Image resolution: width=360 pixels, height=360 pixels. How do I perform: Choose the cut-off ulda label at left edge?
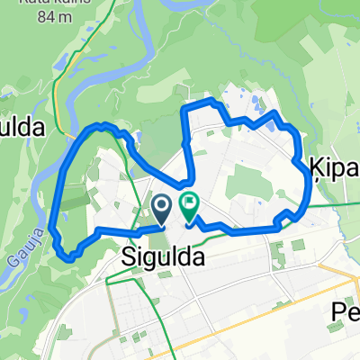(x=22, y=128)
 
